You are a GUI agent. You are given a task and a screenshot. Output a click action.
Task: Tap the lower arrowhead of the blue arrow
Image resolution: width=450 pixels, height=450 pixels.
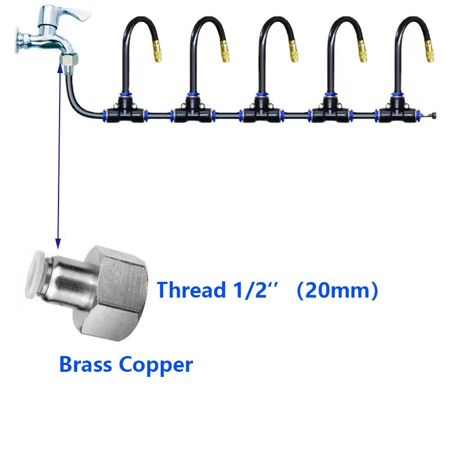tap(57, 243)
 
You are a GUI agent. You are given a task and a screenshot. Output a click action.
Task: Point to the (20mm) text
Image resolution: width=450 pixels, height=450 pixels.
tap(337, 290)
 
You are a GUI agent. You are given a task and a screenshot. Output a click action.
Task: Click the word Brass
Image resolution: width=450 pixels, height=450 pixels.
tap(85, 364)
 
